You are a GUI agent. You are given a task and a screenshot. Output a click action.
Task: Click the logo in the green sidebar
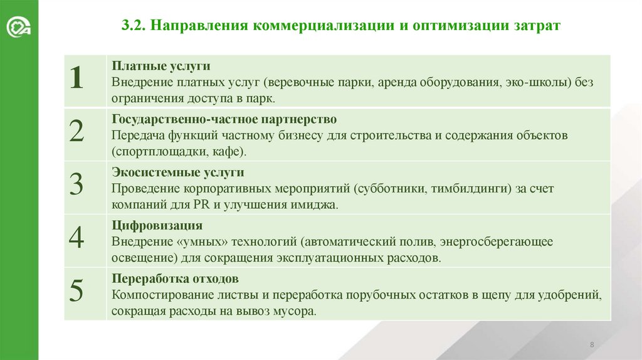pyautogui.click(x=19, y=29)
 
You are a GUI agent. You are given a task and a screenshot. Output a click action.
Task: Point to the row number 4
pyautogui.click(x=76, y=239)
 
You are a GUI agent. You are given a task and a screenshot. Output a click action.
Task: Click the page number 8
pyautogui.click(x=592, y=346)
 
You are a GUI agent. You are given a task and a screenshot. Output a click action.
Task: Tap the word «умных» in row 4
pyautogui.click(x=201, y=241)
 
